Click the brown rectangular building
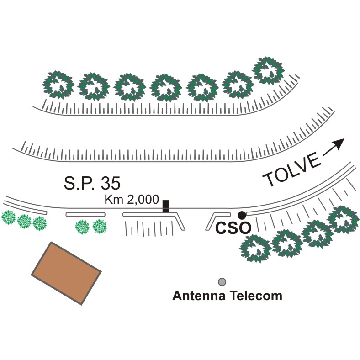[x=66, y=273]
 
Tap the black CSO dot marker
[x=242, y=215]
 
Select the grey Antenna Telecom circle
[x=222, y=282]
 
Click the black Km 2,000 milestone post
[x=166, y=206]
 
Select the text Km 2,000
[x=132, y=200]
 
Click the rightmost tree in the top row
[x=269, y=70]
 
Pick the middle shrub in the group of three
[x=24, y=221]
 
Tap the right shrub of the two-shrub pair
[x=100, y=226]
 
